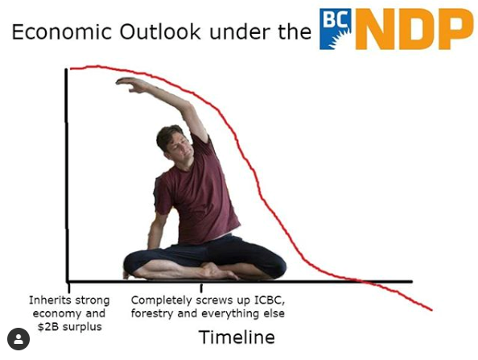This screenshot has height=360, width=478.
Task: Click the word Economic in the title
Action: [x=62, y=31]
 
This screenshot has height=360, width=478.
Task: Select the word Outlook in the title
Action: [x=160, y=31]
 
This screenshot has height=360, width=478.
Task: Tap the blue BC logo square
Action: [x=335, y=29]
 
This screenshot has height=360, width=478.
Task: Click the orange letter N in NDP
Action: [x=375, y=29]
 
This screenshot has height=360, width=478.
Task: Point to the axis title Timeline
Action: [x=237, y=337]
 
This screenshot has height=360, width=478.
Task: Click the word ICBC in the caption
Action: [x=270, y=300]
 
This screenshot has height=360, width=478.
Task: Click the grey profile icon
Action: [x=19, y=339]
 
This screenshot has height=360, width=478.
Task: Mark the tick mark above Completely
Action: [x=201, y=288]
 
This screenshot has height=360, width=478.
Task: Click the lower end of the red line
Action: [x=431, y=310]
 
